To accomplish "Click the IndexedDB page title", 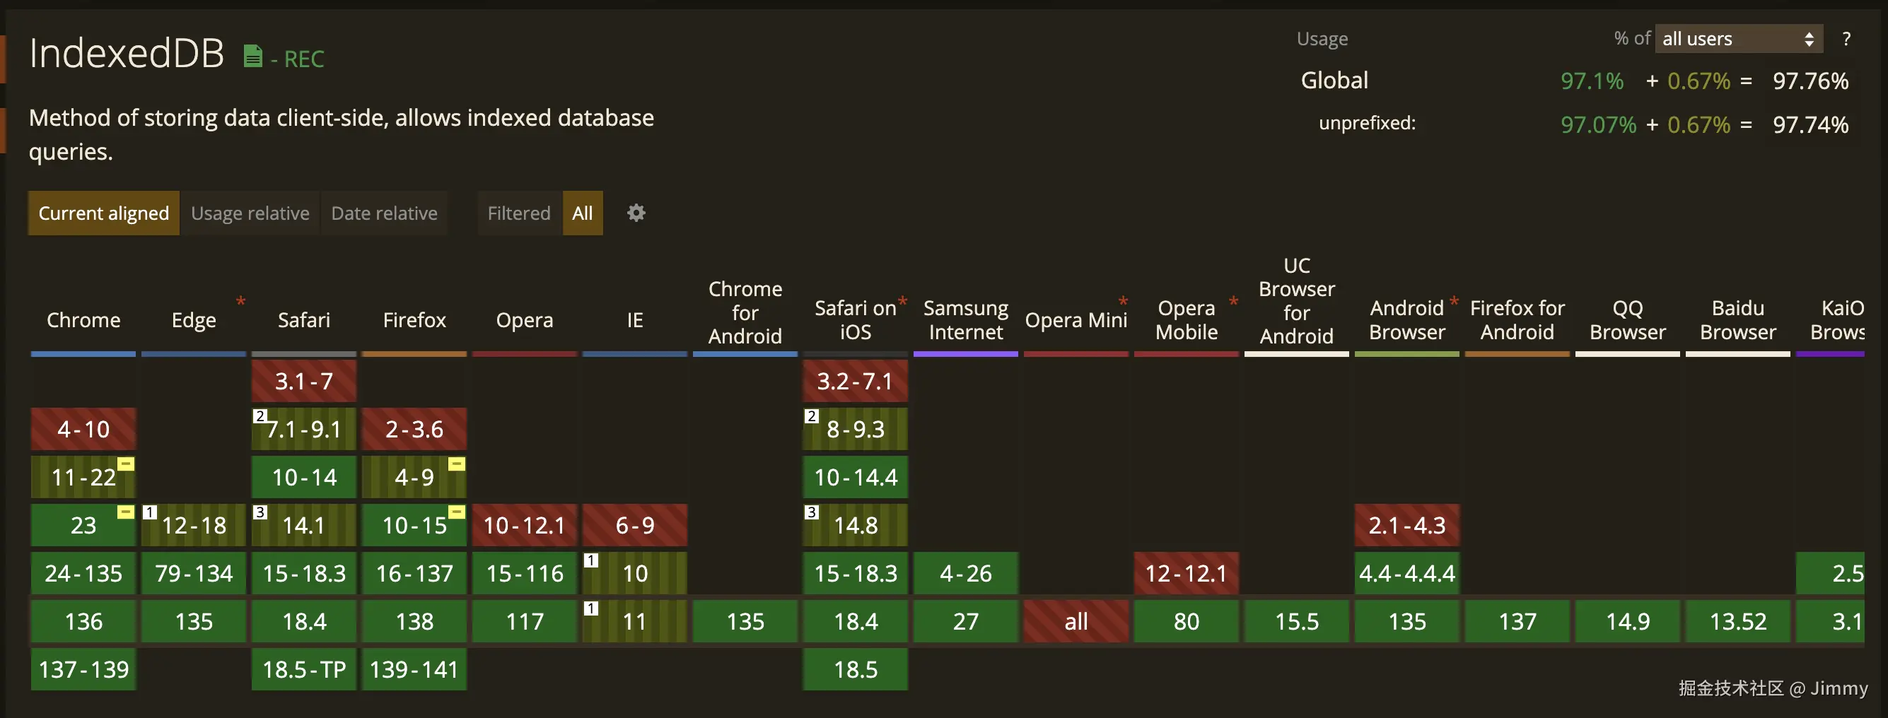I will [x=126, y=54].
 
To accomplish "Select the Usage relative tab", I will [x=250, y=213].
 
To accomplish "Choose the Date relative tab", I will [x=384, y=213].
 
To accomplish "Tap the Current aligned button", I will [x=103, y=213].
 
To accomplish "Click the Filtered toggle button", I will [x=519, y=213].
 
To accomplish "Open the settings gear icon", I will [x=636, y=213].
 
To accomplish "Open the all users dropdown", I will [x=1737, y=39].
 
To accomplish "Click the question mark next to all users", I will [x=1846, y=39].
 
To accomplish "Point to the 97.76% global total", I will [x=1810, y=81].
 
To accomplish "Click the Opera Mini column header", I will [x=1076, y=320].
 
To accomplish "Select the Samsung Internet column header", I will [x=965, y=320].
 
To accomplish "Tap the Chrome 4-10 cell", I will [x=83, y=430].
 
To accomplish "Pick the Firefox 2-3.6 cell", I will [x=414, y=430].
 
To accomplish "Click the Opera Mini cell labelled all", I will [x=1076, y=621].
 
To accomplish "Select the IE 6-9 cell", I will [x=635, y=525].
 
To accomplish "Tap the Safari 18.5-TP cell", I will [x=303, y=670].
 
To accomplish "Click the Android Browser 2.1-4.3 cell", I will [x=1406, y=525].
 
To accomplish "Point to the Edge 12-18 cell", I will [x=194, y=525].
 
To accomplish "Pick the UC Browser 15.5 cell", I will [x=1297, y=621].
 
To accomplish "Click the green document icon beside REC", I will [x=253, y=57].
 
